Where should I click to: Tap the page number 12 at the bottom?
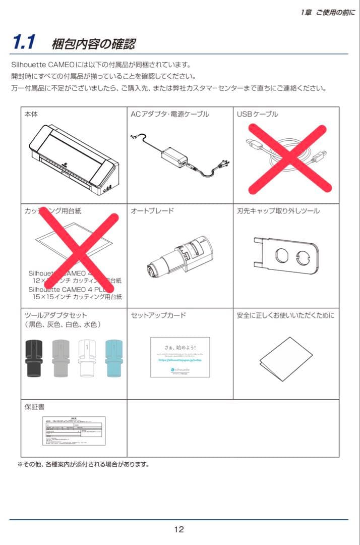coord(179,529)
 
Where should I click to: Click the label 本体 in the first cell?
coord(31,115)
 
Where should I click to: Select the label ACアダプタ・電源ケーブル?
coord(169,115)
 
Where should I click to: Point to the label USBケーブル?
coord(257,115)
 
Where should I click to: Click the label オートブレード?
coord(152,211)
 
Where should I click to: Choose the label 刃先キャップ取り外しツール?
coord(278,211)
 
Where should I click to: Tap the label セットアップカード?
coord(158,315)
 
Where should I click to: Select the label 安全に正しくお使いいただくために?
coord(285,315)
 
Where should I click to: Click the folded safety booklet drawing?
coord(285,360)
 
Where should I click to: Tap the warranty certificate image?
coord(74,430)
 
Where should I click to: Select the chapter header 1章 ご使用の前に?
coord(327,13)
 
